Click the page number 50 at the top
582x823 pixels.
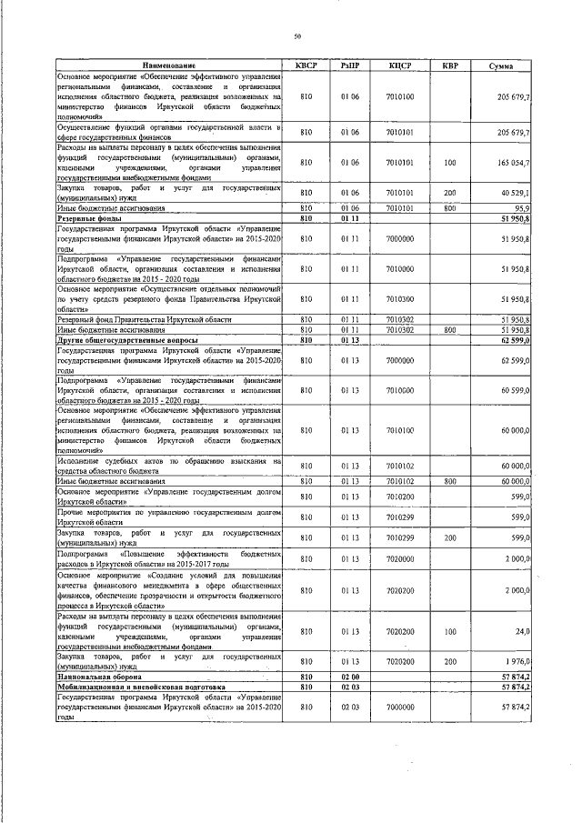[297, 35]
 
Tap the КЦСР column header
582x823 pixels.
[399, 65]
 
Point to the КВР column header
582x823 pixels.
[449, 65]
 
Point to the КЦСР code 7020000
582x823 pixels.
[399, 557]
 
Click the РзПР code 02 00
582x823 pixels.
[350, 677]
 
